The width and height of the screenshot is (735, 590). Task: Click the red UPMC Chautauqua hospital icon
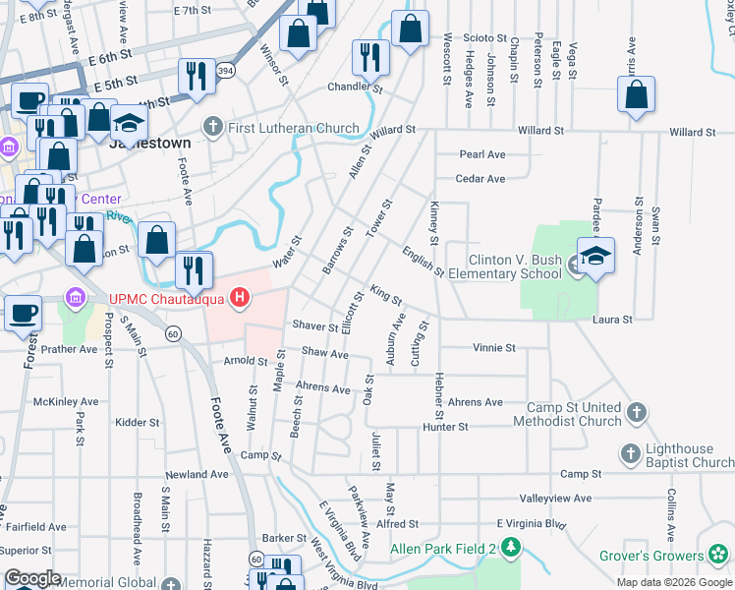tap(238, 296)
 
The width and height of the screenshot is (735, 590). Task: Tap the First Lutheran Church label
tap(281, 128)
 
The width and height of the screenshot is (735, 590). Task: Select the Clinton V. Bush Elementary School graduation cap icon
tap(595, 256)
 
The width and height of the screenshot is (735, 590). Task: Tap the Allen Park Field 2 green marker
tap(510, 546)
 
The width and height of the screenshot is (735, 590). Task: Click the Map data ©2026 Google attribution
tap(673, 582)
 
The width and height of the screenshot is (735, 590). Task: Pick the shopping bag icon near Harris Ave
tap(637, 96)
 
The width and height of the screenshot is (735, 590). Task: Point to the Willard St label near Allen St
tap(393, 130)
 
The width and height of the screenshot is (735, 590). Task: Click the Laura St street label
tap(611, 320)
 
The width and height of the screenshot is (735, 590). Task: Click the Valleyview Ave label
tap(555, 499)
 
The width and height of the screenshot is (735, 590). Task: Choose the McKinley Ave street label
tap(66, 402)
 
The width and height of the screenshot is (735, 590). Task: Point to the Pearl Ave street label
tap(481, 154)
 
